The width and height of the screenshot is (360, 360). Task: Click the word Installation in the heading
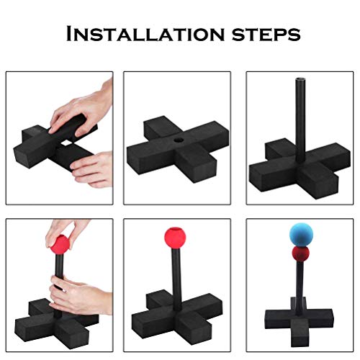tap(145, 33)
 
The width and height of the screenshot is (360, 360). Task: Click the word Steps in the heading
tap(266, 35)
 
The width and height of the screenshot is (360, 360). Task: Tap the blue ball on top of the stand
tap(301, 234)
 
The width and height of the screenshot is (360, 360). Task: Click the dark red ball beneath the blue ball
tap(301, 254)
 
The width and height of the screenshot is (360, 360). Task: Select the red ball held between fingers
tap(60, 244)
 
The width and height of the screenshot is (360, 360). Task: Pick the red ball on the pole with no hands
tap(175, 238)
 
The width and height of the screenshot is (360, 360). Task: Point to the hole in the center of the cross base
tap(179, 140)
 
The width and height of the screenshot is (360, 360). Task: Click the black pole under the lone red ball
tap(176, 279)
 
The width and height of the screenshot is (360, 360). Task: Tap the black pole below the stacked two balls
tap(300, 288)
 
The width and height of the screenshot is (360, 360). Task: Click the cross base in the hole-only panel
tap(178, 150)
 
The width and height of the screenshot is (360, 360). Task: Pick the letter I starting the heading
tap(69, 33)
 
